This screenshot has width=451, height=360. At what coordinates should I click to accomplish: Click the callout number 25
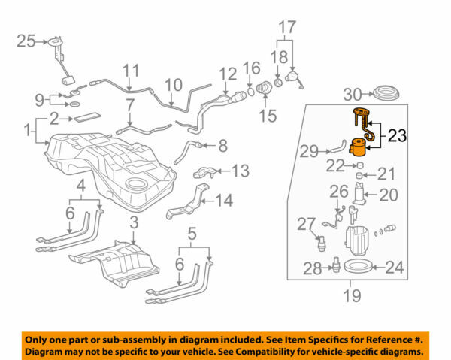point(27,41)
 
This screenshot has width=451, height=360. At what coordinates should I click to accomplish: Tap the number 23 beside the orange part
point(398,137)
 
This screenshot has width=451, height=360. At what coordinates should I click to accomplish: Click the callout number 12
point(228,74)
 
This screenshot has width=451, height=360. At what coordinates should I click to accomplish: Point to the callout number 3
point(134,223)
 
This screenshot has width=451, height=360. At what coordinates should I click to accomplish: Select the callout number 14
point(224,201)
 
